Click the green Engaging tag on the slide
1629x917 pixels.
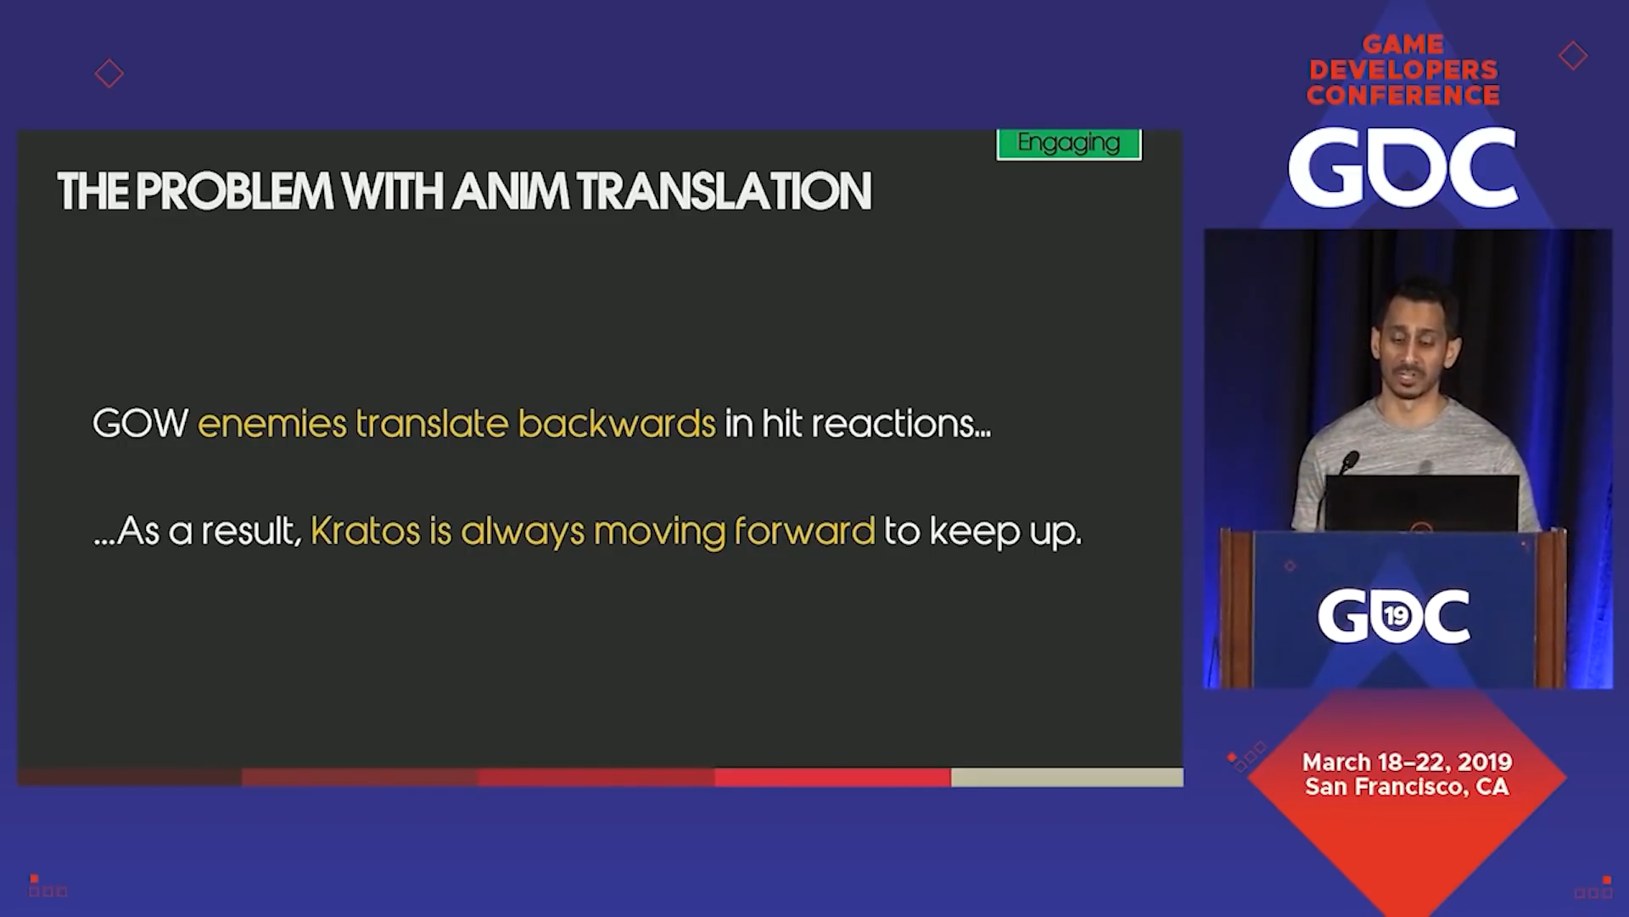[1069, 143]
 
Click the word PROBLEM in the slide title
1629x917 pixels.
[234, 191]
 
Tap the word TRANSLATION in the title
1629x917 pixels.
[725, 191]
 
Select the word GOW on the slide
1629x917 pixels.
[140, 423]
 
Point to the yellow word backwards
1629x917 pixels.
[617, 423]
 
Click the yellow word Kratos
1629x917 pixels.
[365, 531]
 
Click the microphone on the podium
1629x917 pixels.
[1348, 463]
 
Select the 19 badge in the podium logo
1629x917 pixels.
[1396, 616]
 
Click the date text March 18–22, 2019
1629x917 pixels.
[1407, 762]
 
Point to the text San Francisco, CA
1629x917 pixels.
[1407, 787]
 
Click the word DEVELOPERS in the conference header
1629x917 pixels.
[1403, 70]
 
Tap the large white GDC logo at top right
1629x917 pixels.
[1402, 167]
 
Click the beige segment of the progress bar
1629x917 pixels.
[1067, 777]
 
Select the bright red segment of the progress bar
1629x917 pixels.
[832, 777]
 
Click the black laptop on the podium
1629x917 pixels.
[1421, 504]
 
